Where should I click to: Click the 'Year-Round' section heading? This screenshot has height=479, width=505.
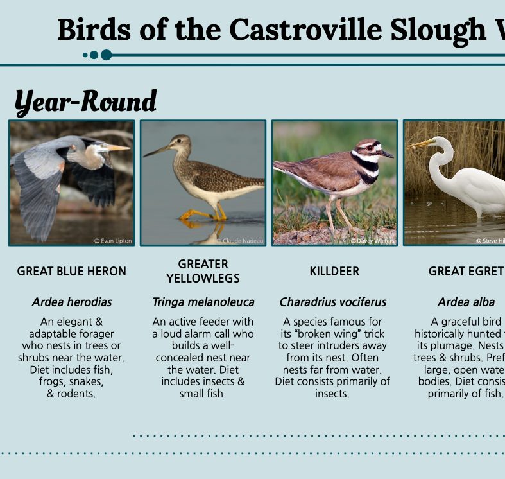click(85, 101)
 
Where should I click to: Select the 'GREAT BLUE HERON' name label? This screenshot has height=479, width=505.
click(71, 272)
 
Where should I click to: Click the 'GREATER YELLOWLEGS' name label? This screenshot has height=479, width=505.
click(203, 271)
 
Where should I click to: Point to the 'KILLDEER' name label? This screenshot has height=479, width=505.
click(334, 272)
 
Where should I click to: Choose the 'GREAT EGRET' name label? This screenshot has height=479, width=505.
click(465, 272)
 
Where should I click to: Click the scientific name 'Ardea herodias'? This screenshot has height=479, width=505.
click(71, 302)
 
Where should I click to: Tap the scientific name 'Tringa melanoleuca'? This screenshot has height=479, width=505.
click(203, 302)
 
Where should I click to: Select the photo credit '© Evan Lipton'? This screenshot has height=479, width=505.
click(113, 241)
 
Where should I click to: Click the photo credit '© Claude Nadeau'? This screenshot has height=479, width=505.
click(241, 241)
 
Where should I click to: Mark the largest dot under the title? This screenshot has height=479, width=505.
click(107, 55)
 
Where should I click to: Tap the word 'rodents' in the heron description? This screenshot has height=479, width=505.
click(76, 394)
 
